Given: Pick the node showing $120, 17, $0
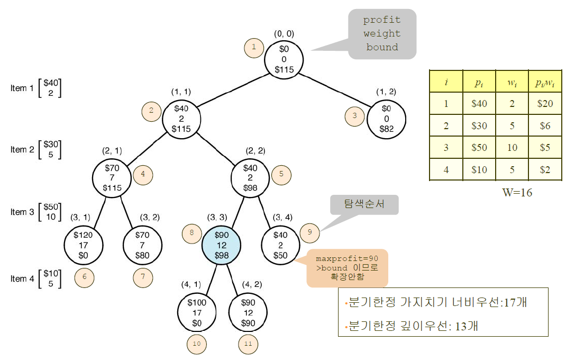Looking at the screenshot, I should (x=83, y=245).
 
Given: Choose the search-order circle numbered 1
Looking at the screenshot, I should (x=254, y=48).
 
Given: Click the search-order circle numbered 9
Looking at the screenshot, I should (x=309, y=232).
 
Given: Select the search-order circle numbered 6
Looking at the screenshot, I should (x=84, y=277).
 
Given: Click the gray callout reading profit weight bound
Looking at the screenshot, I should (x=382, y=34).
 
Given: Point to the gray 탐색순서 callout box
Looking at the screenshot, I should (x=364, y=204).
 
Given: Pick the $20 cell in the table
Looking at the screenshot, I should (x=545, y=103).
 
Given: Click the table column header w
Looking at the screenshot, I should (x=513, y=82).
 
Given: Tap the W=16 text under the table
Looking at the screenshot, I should (x=517, y=192).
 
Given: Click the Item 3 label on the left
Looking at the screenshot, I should (x=22, y=212).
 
